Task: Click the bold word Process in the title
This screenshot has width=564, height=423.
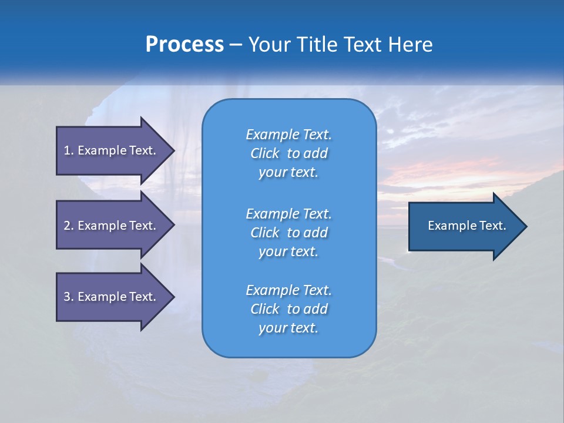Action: [184, 45]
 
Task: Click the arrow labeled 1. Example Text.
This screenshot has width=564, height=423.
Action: [112, 150]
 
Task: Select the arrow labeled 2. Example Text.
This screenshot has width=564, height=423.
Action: [112, 226]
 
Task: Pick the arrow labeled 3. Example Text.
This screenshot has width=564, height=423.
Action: [112, 297]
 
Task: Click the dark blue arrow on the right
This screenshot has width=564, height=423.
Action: [464, 226]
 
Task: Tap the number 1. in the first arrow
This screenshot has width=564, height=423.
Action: [69, 150]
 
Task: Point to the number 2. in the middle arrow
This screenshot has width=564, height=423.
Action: [69, 226]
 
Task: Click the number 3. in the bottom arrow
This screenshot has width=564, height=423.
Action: [69, 297]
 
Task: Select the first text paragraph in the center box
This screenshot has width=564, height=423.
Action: [288, 153]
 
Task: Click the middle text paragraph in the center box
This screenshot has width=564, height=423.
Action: [288, 233]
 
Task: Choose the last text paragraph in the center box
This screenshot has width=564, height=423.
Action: [288, 309]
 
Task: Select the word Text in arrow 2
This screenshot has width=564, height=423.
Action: [142, 226]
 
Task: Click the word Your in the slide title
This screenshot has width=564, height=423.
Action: [268, 45]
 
